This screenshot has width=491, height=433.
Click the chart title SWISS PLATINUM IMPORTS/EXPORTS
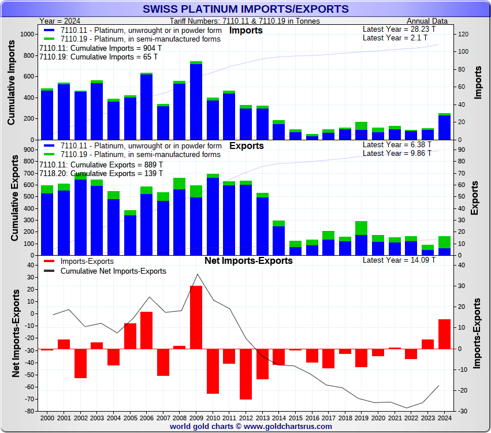(x=245, y=9)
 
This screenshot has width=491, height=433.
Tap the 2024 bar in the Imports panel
(x=444, y=126)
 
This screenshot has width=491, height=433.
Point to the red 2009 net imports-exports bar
(x=196, y=317)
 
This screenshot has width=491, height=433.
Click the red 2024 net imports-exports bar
(x=444, y=334)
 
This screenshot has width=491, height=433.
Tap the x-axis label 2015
(x=295, y=417)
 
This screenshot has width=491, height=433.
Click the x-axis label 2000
(x=47, y=417)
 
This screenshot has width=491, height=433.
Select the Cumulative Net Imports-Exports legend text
(x=113, y=271)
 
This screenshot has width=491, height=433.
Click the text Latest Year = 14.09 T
(x=399, y=260)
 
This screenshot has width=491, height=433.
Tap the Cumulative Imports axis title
(x=12, y=85)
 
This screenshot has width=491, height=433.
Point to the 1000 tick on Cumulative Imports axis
(x=26, y=35)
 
